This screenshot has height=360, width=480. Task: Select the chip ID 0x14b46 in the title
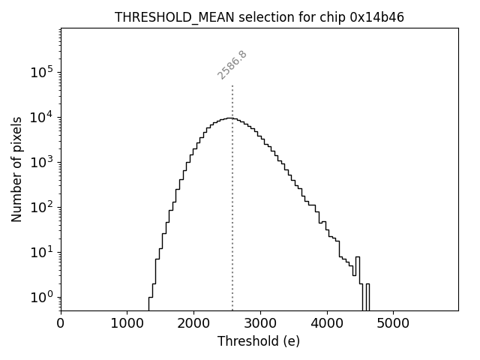[376, 17]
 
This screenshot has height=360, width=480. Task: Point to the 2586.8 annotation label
[232, 64]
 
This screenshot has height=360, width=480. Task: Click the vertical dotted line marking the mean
[232, 225]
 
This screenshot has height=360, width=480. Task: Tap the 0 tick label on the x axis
[61, 323]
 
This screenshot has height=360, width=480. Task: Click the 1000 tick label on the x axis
[127, 323]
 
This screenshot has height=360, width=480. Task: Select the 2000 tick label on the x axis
[193, 323]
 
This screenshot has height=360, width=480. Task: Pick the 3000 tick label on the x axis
[260, 323]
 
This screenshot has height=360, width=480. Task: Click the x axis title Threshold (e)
[259, 341]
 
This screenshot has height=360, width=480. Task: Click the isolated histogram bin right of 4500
[367, 296]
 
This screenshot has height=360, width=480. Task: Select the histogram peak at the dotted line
[232, 118]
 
